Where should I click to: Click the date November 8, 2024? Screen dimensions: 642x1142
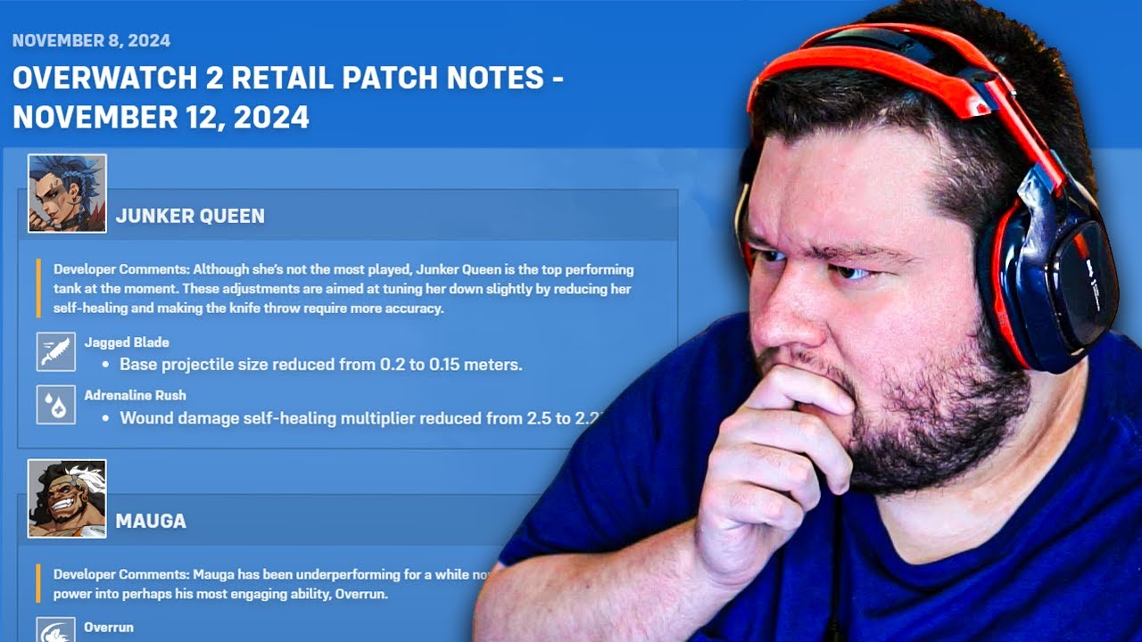[x=91, y=41]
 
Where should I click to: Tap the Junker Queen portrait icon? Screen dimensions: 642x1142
[x=67, y=193]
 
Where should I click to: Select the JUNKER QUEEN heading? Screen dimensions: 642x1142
[x=190, y=216]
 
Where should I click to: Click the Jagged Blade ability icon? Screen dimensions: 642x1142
[x=56, y=351]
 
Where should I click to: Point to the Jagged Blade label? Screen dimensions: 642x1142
[x=127, y=342]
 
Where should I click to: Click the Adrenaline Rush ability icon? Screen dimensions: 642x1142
[x=56, y=404]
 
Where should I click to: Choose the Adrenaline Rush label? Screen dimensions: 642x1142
[x=135, y=395]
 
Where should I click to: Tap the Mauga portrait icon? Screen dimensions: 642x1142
[x=67, y=498]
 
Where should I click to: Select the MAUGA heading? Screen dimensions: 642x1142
[x=151, y=521]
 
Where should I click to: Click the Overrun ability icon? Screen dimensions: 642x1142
[x=56, y=630]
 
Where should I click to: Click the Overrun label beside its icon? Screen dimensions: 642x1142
[x=109, y=627]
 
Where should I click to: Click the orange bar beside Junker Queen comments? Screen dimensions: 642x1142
[x=39, y=288]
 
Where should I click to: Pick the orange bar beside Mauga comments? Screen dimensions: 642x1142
[x=39, y=583]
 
